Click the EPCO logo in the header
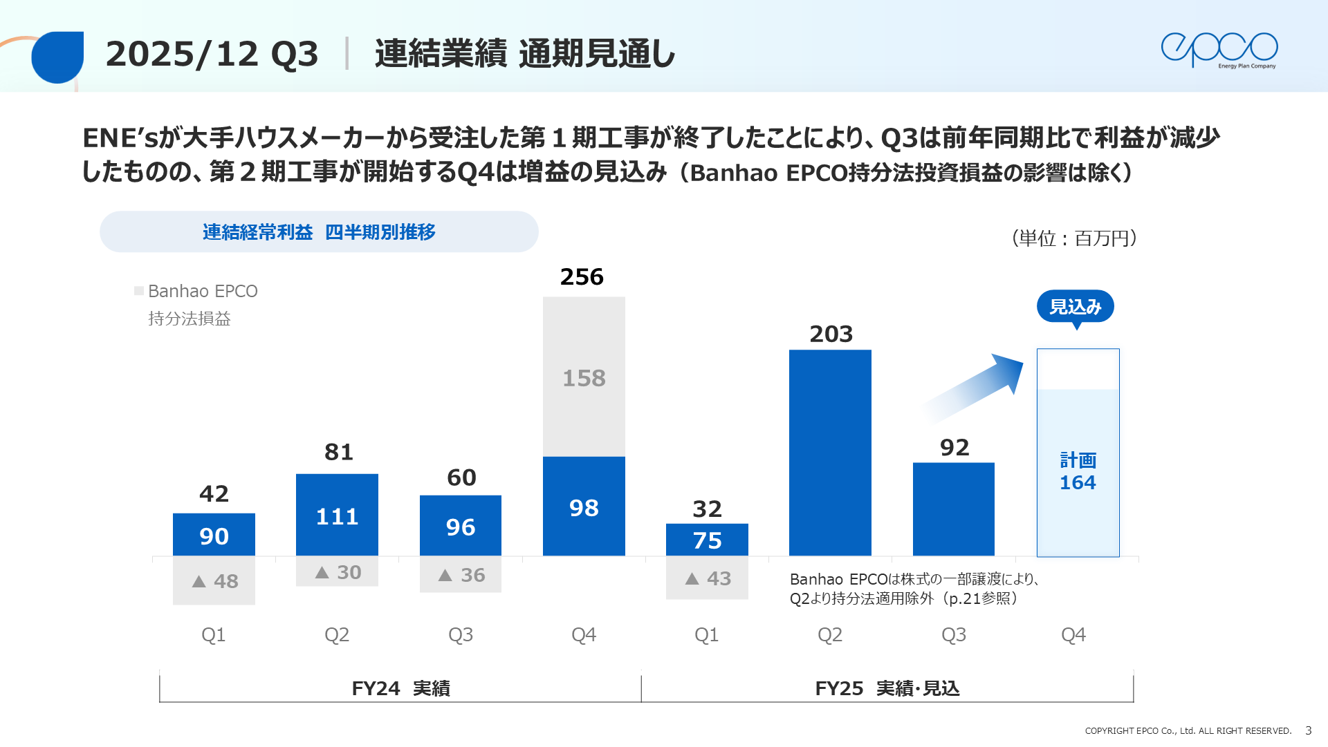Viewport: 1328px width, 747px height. tap(1219, 50)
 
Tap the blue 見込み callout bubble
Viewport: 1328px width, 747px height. tap(1075, 307)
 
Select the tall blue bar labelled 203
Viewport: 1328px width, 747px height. tap(830, 453)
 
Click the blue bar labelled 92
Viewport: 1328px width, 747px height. tap(953, 509)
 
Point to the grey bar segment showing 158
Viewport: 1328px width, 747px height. tap(584, 377)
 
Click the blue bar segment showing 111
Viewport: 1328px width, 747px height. tap(337, 515)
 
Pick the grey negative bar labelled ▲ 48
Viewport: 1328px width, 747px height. tap(214, 580)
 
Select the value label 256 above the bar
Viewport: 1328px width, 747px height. tap(582, 277)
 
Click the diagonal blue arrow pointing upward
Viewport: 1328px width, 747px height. tap(976, 387)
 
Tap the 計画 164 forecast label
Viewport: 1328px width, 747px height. tap(1078, 472)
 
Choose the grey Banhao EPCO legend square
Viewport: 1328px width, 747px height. tap(139, 291)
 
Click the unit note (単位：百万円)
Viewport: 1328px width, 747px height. tap(1074, 238)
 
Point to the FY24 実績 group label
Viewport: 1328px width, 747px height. tap(400, 688)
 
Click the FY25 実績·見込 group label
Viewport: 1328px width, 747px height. tap(887, 688)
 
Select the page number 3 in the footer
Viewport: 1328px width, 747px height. tap(1308, 730)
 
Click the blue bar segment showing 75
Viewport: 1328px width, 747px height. tap(707, 540)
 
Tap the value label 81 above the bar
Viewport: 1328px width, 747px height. tap(338, 453)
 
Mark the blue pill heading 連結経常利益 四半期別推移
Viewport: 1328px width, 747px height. tap(319, 232)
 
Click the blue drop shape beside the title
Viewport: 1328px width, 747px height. tap(57, 57)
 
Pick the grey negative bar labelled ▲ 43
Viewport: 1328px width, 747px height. tap(707, 578)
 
